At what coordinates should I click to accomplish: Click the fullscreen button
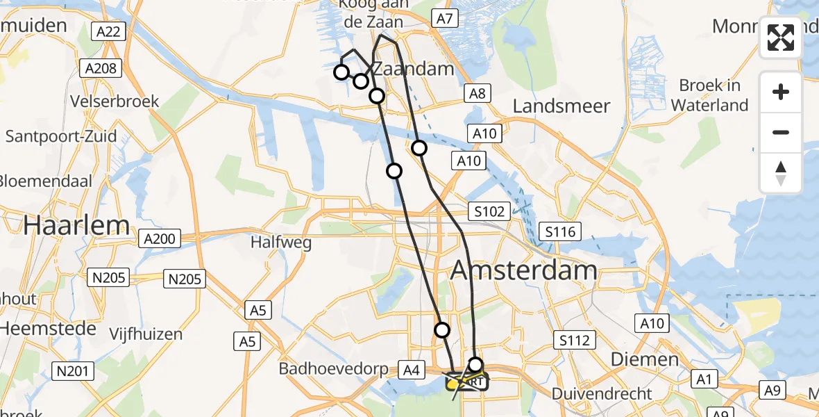[781, 38]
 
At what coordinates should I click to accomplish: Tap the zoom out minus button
[781, 133]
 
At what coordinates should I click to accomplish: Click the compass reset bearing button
[781, 173]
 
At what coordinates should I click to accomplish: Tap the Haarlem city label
[76, 224]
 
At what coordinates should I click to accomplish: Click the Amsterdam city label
[524, 270]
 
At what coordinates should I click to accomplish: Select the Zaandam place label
[414, 69]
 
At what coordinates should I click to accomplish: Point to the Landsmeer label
[562, 106]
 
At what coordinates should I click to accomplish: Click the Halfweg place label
[281, 243]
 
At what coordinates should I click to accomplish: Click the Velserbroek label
[115, 101]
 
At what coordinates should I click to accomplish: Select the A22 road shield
[108, 31]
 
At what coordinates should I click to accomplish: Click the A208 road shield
[101, 68]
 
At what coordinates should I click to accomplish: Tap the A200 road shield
[160, 239]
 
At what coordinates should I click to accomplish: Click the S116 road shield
[560, 231]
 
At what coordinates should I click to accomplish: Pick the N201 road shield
[72, 372]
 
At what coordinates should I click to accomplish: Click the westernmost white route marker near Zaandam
[341, 72]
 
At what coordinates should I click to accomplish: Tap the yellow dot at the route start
[452, 384]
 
